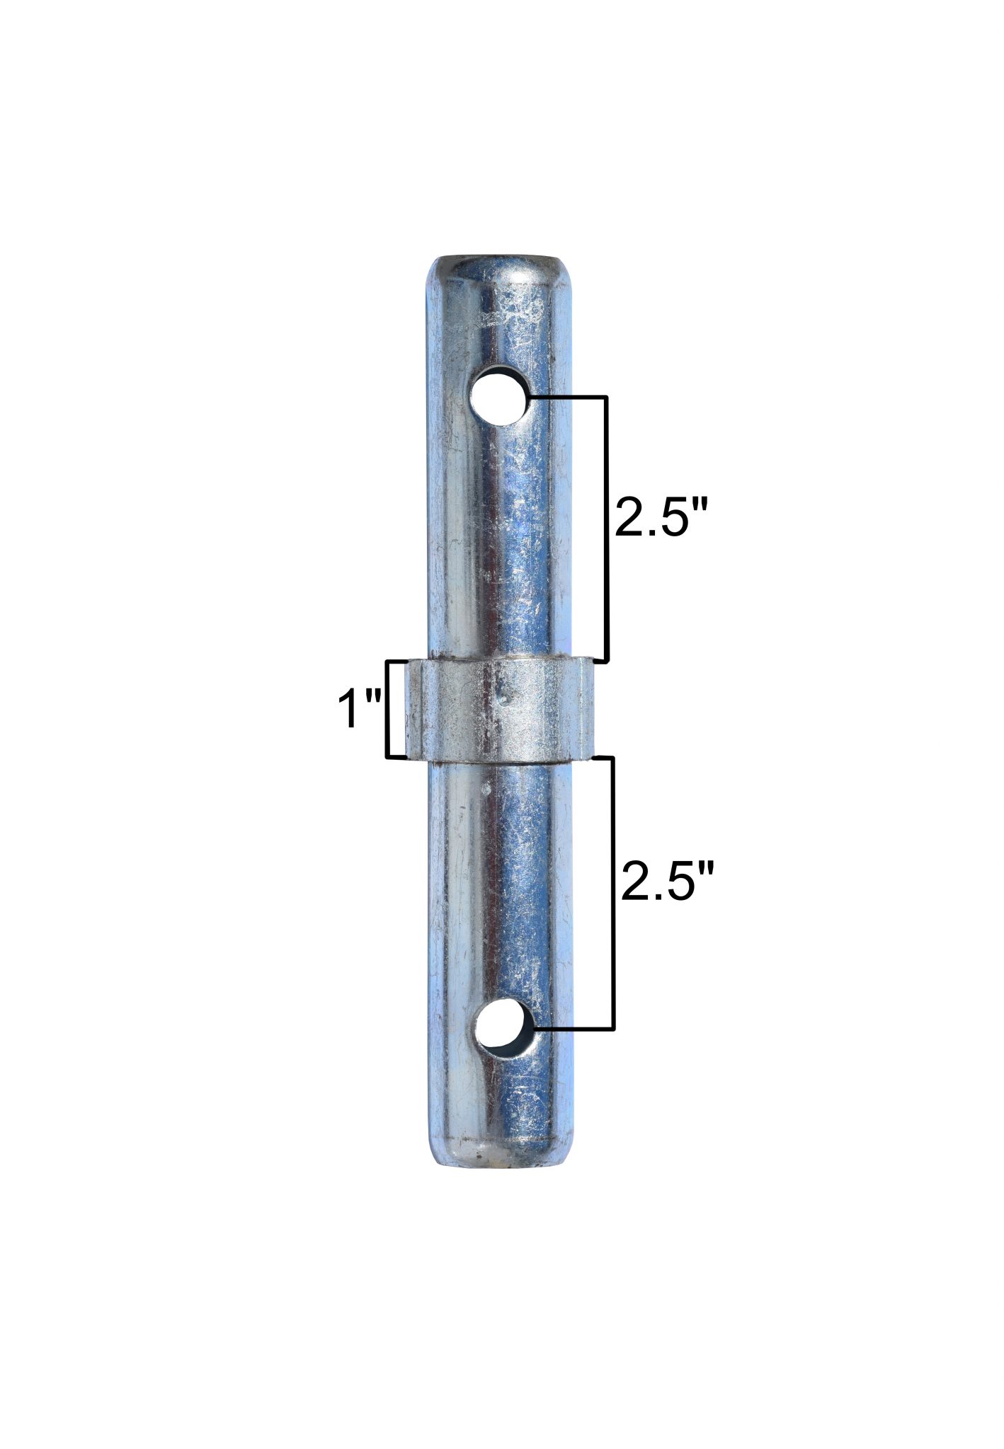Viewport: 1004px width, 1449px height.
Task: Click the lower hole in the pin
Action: coord(503,1027)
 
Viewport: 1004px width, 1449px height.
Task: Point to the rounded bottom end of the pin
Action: coord(501,1160)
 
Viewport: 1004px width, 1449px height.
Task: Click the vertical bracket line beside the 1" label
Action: coord(387,708)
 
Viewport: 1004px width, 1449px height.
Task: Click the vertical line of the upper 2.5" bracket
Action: coord(606,527)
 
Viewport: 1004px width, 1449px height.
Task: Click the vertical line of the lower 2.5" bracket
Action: coord(613,891)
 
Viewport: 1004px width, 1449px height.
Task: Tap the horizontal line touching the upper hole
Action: coord(566,398)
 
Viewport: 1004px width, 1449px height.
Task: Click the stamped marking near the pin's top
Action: coord(511,312)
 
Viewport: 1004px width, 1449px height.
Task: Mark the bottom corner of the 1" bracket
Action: coord(388,757)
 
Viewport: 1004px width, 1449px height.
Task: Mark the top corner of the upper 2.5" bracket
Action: coord(606,398)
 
